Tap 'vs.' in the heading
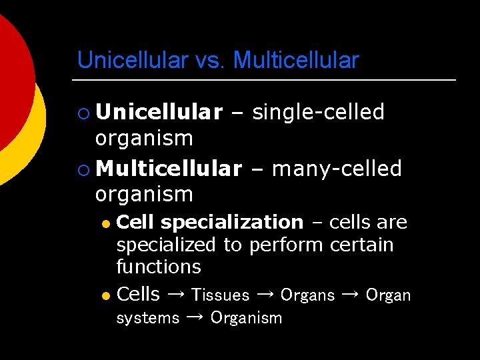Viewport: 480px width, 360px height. coord(211,61)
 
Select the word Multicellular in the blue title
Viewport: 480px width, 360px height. coord(296,61)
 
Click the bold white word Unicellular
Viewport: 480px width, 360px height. coord(159,113)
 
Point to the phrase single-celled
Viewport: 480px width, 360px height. coord(318,113)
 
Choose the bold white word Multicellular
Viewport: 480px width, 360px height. coord(168,169)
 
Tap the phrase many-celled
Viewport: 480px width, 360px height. coord(337,169)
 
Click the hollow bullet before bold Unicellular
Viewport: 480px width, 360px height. coord(83,113)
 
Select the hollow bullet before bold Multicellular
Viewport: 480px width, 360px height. coord(83,170)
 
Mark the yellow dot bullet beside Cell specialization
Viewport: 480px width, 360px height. coord(105,223)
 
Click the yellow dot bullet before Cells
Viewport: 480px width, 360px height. coord(105,295)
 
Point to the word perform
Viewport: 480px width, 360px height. coord(287,245)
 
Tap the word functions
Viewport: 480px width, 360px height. coord(158,267)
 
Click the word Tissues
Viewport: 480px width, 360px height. coord(220,295)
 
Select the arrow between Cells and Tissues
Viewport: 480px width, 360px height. coord(175,295)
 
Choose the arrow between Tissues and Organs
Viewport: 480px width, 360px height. coord(265,295)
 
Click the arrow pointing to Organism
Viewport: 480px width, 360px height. coord(195,318)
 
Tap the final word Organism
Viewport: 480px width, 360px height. coord(246,319)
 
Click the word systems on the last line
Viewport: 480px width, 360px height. coord(147,319)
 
